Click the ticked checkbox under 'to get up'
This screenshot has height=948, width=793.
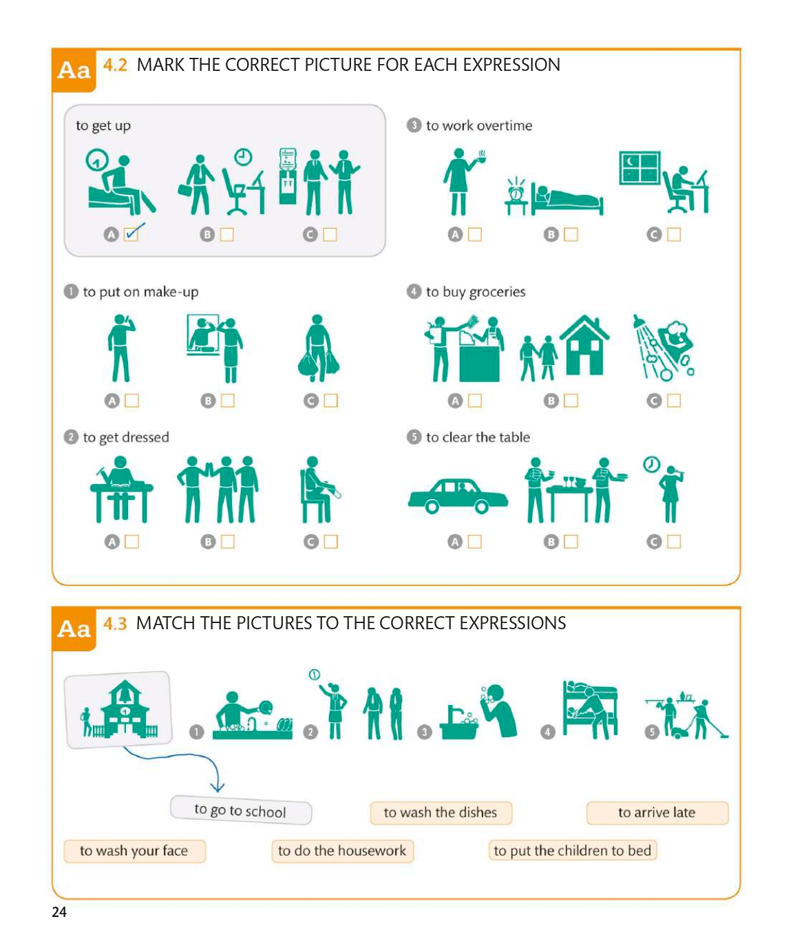(131, 234)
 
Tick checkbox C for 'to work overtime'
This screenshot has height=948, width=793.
(674, 234)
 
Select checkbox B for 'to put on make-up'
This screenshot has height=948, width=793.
(227, 401)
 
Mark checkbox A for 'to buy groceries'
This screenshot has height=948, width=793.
(475, 401)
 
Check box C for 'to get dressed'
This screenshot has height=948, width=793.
(330, 542)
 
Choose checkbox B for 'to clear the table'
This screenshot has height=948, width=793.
(571, 542)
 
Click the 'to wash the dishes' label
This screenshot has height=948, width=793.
(441, 812)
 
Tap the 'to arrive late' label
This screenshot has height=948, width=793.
(657, 812)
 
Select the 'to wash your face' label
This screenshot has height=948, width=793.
(134, 851)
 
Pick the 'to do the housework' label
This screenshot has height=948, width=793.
(343, 851)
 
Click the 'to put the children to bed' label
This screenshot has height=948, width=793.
(573, 850)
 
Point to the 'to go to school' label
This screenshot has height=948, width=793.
(240, 810)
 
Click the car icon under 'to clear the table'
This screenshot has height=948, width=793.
(458, 496)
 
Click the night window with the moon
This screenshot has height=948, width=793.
(639, 168)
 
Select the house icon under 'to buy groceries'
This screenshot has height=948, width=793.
(584, 346)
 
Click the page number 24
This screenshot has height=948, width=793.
(59, 912)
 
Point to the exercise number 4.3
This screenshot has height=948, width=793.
(115, 623)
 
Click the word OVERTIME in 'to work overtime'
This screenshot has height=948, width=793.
(505, 125)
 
